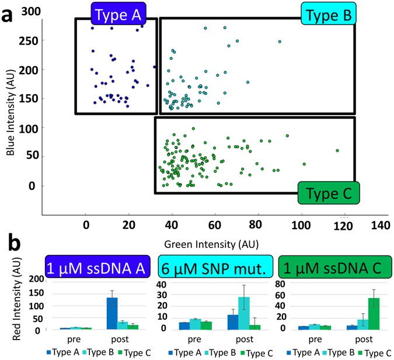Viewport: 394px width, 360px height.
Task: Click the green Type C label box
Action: (x=328, y=192)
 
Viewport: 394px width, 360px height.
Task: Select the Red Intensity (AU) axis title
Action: (x=11, y=301)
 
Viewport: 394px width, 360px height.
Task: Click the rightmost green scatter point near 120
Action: (x=337, y=151)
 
